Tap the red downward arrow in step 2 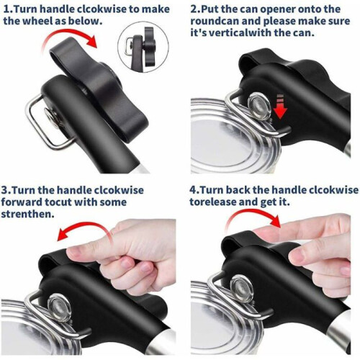[x=280, y=107]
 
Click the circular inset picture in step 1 [x=143, y=47]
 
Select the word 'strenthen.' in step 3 [x=27, y=214]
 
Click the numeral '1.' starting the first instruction [x=9, y=9]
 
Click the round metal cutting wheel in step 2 [x=260, y=106]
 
